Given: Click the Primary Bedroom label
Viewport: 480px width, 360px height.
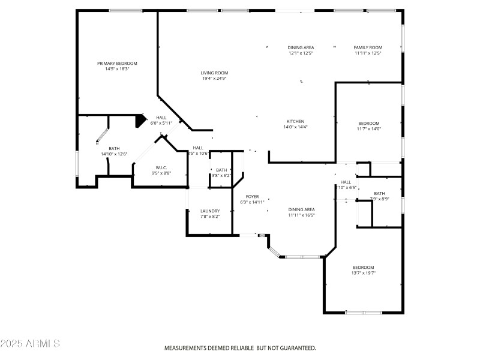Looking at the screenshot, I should point(118,63).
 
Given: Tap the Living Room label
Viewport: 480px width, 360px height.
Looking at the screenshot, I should point(214,73).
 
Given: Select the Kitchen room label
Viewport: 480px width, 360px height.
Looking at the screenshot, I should point(295,121).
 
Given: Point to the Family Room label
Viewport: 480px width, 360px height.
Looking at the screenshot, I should point(368,47).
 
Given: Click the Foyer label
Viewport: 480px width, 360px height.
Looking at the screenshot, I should point(252,197).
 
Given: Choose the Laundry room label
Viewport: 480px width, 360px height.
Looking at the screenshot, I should point(210,211).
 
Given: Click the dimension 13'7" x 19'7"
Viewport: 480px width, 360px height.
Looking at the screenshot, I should point(364,273).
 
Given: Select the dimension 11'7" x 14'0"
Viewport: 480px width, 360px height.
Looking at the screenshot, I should point(369,128).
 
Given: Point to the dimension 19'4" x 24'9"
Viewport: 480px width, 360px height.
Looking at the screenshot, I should point(214,79).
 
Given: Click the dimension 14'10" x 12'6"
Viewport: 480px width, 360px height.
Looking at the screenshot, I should point(114,154).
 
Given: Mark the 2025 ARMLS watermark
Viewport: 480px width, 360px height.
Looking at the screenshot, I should point(30,344).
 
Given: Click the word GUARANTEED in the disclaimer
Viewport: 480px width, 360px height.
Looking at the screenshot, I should point(295,348).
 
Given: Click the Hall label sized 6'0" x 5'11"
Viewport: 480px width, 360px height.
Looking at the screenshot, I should point(161,118).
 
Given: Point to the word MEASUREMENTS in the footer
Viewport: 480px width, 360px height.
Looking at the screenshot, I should point(187,348).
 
